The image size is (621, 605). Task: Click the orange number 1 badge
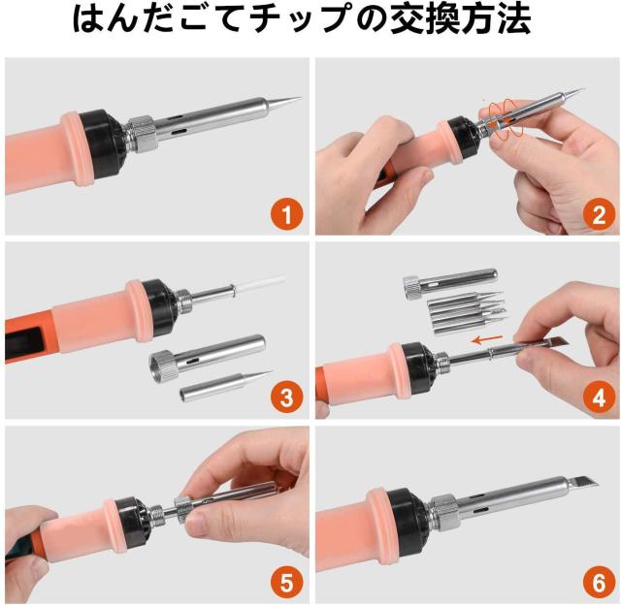pos(287,214)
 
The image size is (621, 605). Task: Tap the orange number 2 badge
pos(599,214)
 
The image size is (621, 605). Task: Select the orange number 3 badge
pos(287,398)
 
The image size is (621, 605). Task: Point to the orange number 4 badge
pos(599,398)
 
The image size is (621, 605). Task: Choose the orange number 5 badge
pos(287,582)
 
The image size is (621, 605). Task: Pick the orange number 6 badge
pos(599,582)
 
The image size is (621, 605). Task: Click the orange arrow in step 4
pos(488,339)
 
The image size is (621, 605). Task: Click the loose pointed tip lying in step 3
pos(225,385)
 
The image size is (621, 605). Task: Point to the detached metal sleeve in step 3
pos(207,358)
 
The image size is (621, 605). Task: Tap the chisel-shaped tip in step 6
pos(582,483)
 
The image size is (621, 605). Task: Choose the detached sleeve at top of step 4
pos(450,283)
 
